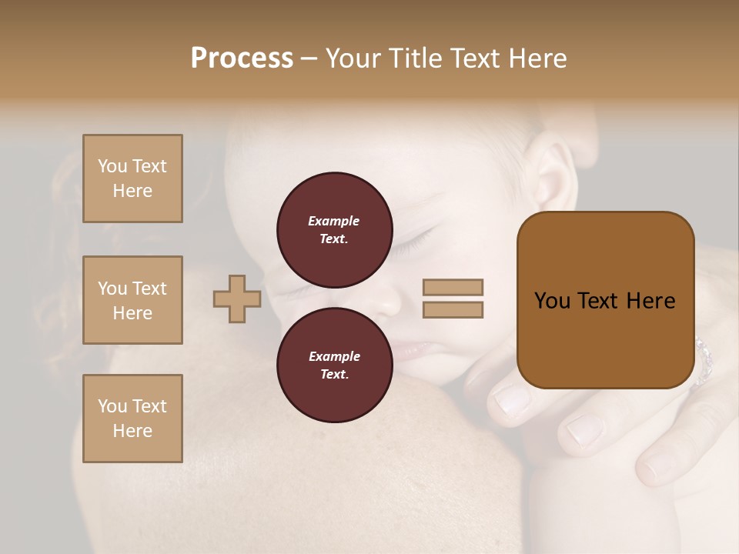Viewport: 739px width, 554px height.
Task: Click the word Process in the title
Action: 242,58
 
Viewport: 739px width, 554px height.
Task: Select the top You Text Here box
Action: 132,179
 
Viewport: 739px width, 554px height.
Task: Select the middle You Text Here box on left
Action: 132,300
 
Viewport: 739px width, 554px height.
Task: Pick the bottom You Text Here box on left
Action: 132,418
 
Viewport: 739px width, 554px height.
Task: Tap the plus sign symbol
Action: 237,299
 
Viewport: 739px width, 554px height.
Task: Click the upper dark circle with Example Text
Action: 335,229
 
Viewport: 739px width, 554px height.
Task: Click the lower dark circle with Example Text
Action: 335,365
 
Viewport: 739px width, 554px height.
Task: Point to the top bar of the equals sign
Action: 453,287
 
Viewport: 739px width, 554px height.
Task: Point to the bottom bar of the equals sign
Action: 453,309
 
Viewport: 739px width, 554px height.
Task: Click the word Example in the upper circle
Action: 334,221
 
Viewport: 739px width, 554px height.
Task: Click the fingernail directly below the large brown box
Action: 511,400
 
